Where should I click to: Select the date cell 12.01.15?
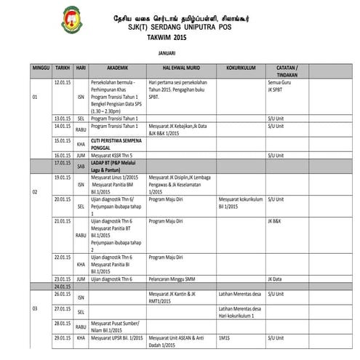62,84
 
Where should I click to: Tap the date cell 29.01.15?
62,338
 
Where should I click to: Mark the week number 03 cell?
34,309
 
